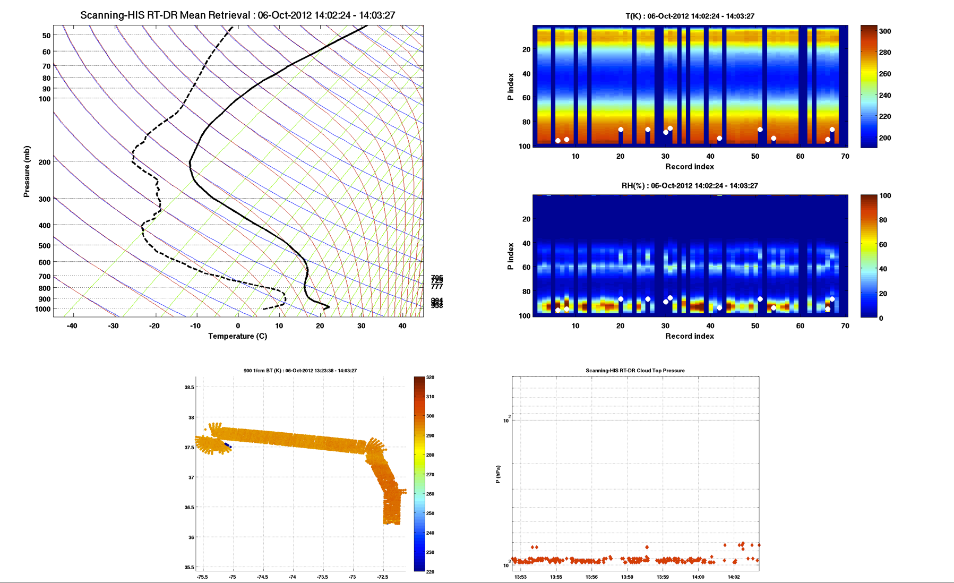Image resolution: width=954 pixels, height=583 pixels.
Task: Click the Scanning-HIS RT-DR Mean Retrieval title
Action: pyautogui.click(x=237, y=15)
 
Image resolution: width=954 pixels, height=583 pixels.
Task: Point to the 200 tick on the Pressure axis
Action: pyautogui.click(x=45, y=162)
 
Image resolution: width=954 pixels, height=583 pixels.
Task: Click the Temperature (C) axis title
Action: pyautogui.click(x=237, y=336)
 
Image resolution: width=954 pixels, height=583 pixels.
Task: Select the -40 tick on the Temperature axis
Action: pyautogui.click(x=72, y=326)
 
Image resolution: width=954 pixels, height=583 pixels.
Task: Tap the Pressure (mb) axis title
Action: pyautogui.click(x=27, y=172)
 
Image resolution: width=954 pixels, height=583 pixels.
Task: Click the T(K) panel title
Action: pyautogui.click(x=690, y=16)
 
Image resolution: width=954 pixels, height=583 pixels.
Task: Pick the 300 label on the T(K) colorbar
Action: pyautogui.click(x=885, y=31)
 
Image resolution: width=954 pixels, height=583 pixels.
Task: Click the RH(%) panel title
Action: pyautogui.click(x=690, y=186)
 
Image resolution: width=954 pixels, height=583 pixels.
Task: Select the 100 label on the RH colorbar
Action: pyautogui.click(x=885, y=196)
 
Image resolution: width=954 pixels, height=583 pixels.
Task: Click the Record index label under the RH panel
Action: pyautogui.click(x=690, y=336)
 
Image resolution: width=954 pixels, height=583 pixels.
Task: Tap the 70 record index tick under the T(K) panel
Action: pyautogui.click(x=845, y=156)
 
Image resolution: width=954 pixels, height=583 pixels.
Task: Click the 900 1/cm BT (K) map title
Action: pyautogui.click(x=300, y=371)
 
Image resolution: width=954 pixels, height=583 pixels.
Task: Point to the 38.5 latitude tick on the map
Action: pyautogui.click(x=189, y=388)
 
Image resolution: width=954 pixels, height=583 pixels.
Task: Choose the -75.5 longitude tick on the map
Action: pyautogui.click(x=202, y=577)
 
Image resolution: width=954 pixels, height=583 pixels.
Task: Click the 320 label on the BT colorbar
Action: pyautogui.click(x=430, y=378)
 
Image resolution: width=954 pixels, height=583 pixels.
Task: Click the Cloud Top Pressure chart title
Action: pyautogui.click(x=635, y=371)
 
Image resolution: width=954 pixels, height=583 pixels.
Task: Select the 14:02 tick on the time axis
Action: pyautogui.click(x=733, y=577)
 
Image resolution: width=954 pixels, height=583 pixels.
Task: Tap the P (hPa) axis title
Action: pyautogui.click(x=498, y=474)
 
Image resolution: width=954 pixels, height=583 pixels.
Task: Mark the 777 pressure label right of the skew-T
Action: pyautogui.click(x=436, y=287)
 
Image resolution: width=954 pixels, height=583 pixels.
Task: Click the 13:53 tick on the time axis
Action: pyautogui.click(x=520, y=577)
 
